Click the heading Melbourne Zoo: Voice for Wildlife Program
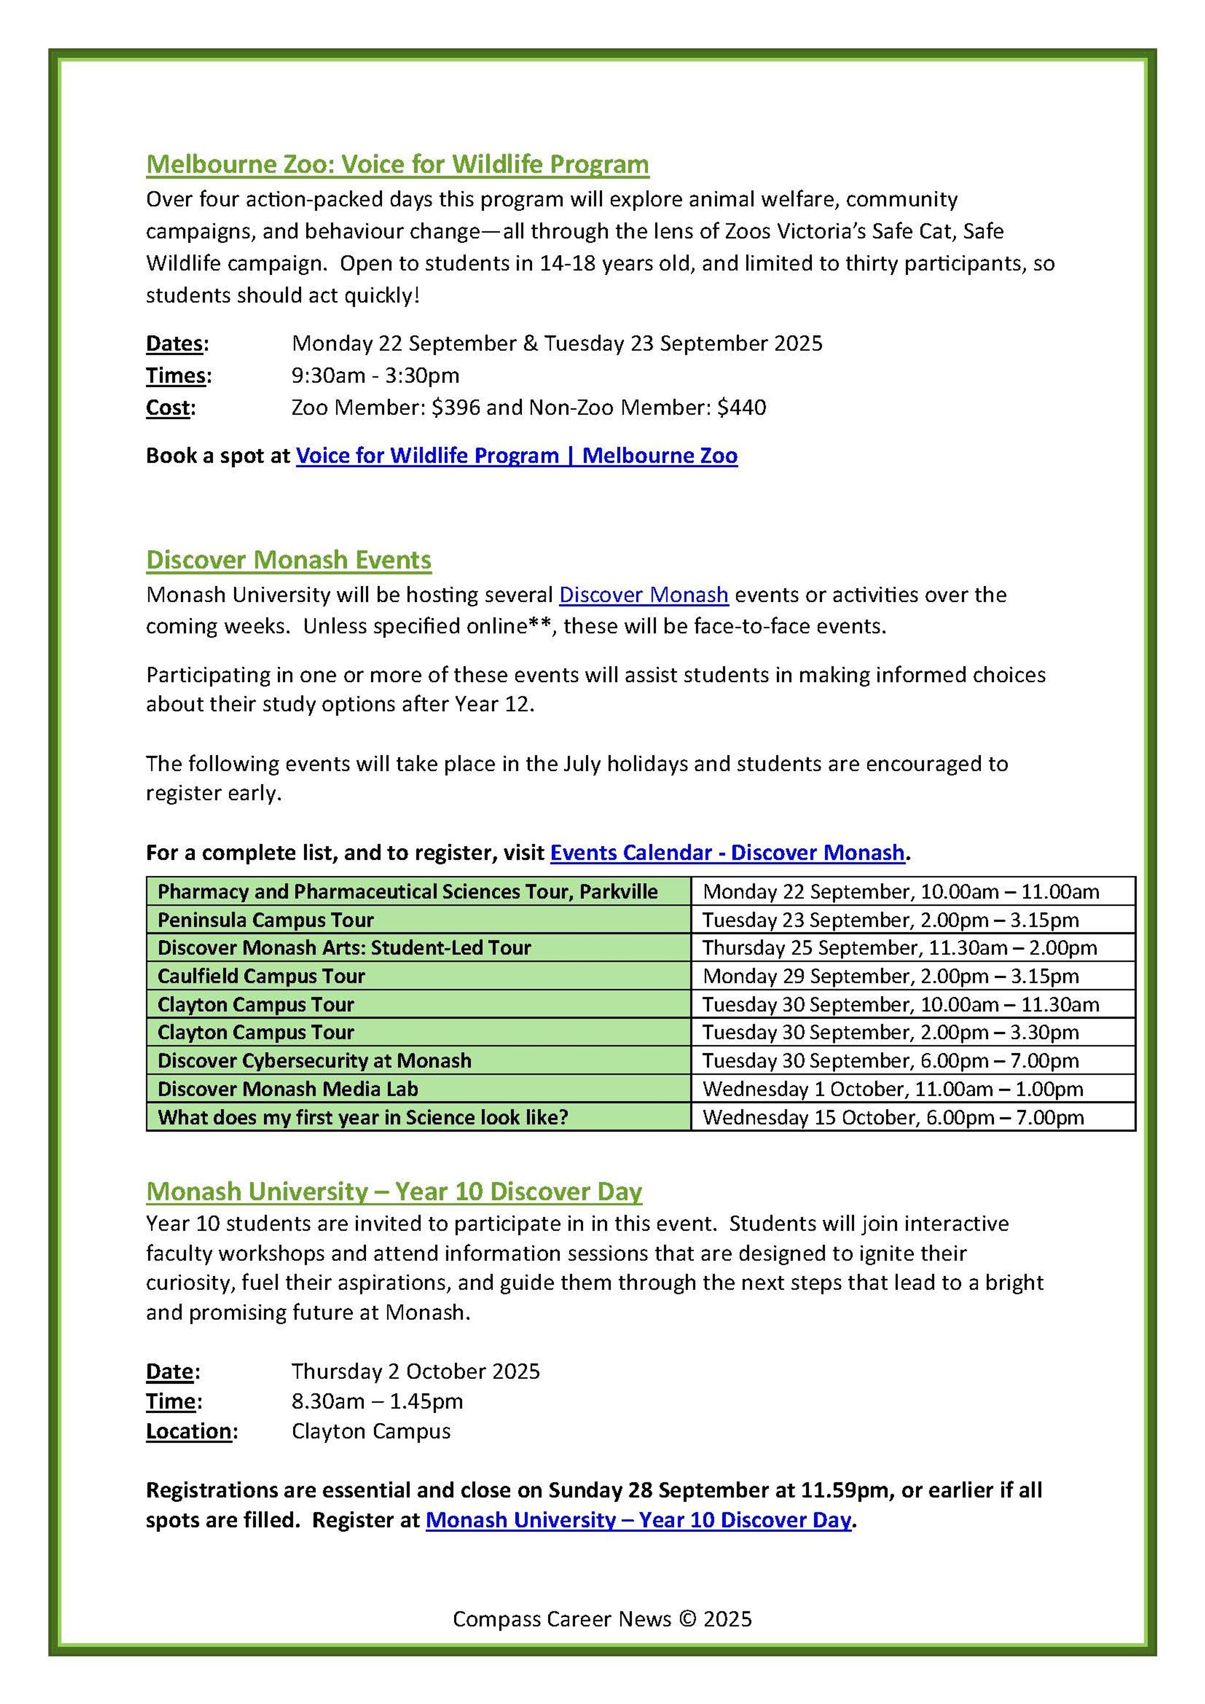coord(397,164)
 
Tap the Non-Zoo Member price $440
coord(741,407)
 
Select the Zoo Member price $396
coord(455,407)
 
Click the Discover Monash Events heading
coord(289,560)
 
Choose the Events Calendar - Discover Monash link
coord(727,853)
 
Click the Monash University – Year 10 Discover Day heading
coord(394,1191)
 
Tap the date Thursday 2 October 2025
coord(415,1371)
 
